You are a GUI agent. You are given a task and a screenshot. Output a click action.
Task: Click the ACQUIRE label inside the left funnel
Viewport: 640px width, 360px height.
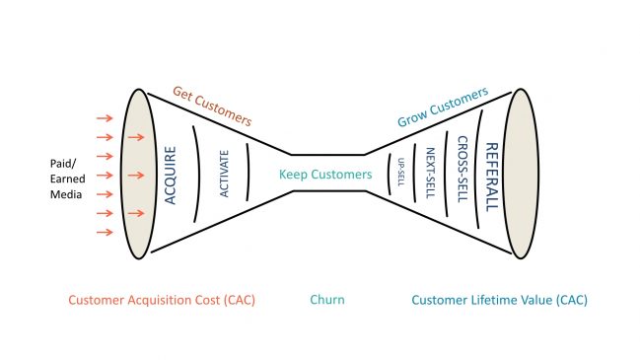[171, 174]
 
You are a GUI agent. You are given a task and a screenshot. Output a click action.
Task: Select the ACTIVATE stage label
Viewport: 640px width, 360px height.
[225, 174]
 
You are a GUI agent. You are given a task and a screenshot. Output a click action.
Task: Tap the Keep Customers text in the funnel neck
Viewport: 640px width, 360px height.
[325, 175]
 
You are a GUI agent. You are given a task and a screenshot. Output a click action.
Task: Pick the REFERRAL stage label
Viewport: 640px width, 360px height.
[493, 175]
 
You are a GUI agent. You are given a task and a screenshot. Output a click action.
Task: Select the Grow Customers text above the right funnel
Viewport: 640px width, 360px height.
[443, 108]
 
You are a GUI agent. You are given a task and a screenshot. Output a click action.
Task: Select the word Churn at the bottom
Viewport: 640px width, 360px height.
[326, 300]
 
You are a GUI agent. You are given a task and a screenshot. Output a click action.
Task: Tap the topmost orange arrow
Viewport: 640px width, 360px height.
[102, 118]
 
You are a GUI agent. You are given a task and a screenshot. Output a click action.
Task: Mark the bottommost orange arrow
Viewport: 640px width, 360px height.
[102, 232]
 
